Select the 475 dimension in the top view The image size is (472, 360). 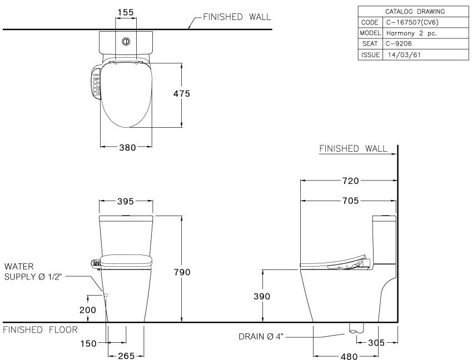point(181,94)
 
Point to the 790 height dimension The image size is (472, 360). point(182,272)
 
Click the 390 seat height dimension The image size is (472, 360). point(262,297)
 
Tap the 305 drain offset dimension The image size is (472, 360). point(376,343)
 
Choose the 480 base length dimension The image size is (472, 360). point(349,357)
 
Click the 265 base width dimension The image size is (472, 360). point(126,356)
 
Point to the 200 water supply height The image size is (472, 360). point(88,310)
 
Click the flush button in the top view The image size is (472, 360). point(126,41)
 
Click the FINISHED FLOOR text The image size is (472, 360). point(40,330)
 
